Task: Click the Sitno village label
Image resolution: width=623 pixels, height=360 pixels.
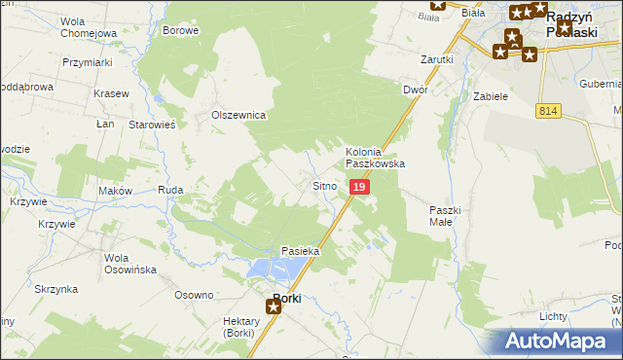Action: click(x=324, y=185)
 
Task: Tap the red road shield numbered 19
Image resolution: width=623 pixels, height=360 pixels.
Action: click(x=359, y=186)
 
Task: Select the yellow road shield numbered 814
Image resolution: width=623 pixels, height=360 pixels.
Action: click(x=546, y=113)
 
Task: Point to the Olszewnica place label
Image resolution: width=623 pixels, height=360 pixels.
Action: click(x=239, y=115)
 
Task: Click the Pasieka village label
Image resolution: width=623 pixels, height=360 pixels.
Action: click(x=301, y=251)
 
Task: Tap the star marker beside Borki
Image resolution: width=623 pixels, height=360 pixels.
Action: click(x=274, y=307)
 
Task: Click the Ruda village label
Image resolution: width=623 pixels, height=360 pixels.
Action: click(x=171, y=191)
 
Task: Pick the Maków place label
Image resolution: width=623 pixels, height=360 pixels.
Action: click(x=115, y=191)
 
